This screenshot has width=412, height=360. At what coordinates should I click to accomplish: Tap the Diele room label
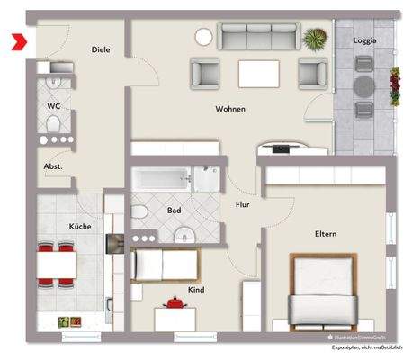point(101,49)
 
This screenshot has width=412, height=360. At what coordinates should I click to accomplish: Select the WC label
point(53,105)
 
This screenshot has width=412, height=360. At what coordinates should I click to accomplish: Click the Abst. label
point(53,166)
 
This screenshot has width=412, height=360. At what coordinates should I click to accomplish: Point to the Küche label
point(80,226)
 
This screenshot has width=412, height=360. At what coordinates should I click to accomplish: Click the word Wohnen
point(230,109)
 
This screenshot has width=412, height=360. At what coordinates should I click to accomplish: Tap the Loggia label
point(364,40)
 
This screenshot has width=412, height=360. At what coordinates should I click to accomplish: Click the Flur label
point(242,204)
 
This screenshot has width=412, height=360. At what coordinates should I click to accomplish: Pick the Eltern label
point(325,234)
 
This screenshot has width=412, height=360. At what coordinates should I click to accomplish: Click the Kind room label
point(196,290)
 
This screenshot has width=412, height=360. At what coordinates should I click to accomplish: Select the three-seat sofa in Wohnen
point(258,37)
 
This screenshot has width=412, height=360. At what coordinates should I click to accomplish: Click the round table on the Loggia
point(364,86)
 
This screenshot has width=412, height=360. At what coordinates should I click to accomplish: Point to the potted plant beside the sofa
point(316,39)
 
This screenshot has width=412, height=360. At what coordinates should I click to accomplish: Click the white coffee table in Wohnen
point(257,72)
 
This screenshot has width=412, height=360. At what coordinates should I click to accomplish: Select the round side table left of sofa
point(204,37)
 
